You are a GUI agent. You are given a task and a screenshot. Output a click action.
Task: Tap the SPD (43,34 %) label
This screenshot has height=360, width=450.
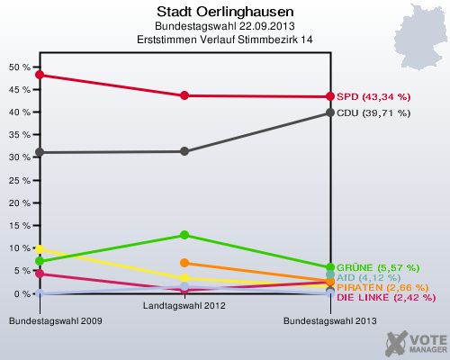(x=373, y=96)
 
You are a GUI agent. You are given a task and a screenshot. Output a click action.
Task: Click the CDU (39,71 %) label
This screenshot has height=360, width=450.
(x=373, y=113)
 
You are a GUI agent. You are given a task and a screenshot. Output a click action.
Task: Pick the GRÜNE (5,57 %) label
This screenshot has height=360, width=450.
(x=373, y=267)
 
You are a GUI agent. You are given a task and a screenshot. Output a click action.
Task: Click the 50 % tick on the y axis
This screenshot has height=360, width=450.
(x=19, y=67)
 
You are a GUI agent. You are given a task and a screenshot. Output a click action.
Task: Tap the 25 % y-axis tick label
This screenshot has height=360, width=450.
(x=19, y=181)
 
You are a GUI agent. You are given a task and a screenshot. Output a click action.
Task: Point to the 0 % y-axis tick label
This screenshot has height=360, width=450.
(x=22, y=294)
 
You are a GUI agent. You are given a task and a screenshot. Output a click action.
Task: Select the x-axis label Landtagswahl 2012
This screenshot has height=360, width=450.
(x=184, y=306)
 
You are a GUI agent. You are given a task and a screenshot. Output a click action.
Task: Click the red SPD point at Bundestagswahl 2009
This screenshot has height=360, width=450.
(x=40, y=75)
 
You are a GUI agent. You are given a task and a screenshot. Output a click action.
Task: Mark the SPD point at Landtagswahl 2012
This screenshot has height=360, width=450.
(x=184, y=95)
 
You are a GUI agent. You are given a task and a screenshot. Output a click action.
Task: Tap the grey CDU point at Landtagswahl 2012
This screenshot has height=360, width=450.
(x=184, y=151)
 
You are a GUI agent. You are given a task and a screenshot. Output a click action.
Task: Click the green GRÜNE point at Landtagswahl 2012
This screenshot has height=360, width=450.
(x=184, y=235)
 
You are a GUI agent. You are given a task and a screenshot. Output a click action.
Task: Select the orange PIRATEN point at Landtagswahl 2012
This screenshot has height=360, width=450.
(x=184, y=263)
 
